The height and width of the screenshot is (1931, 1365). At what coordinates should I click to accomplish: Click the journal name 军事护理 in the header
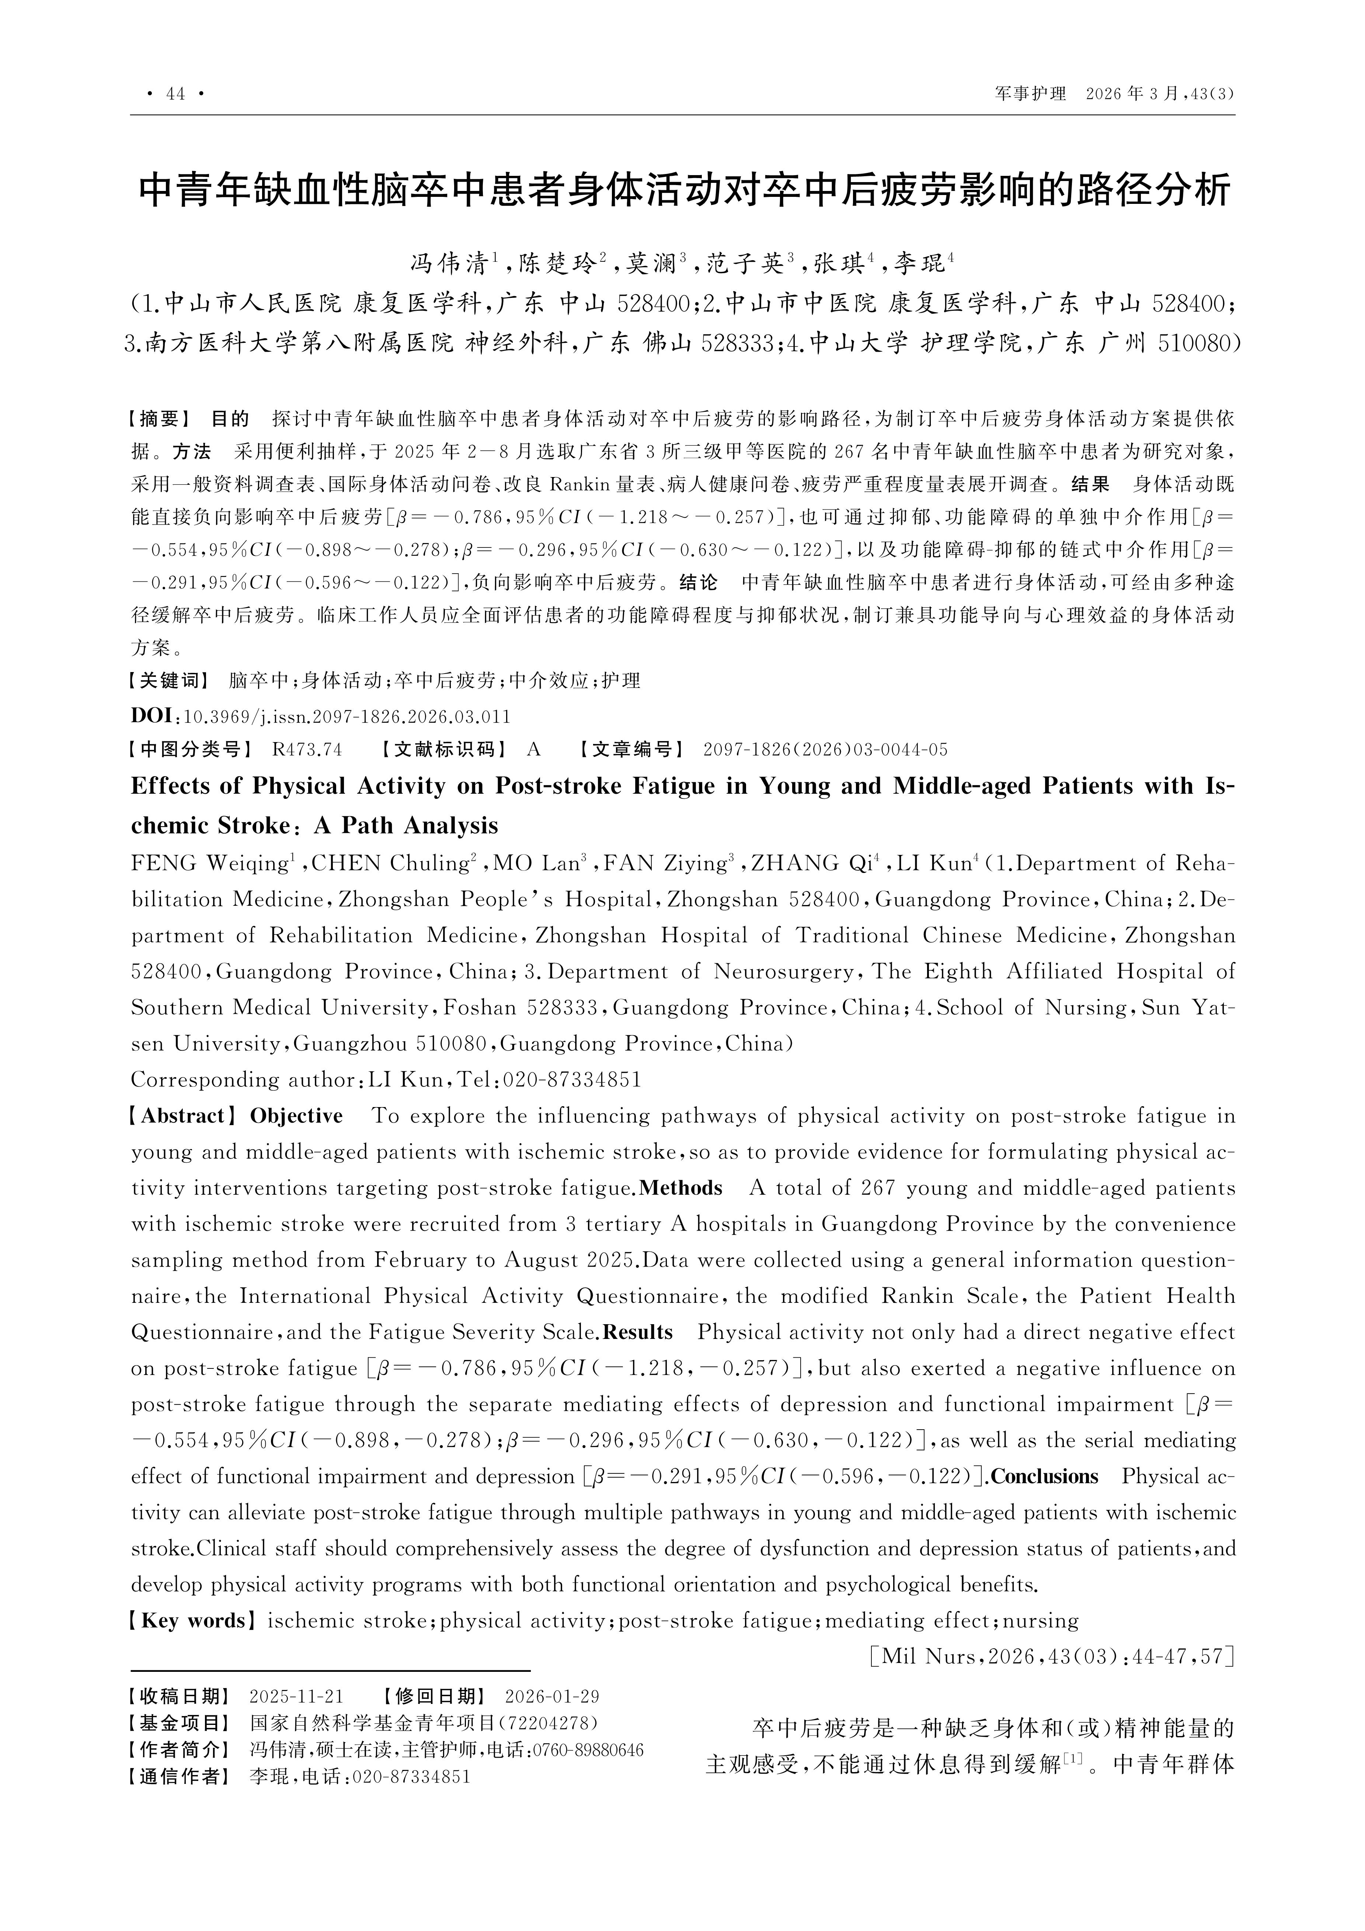[1030, 94]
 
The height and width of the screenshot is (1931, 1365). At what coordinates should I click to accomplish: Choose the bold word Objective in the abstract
[297, 1116]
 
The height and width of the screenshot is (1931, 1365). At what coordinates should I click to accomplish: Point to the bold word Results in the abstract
[638, 1332]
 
